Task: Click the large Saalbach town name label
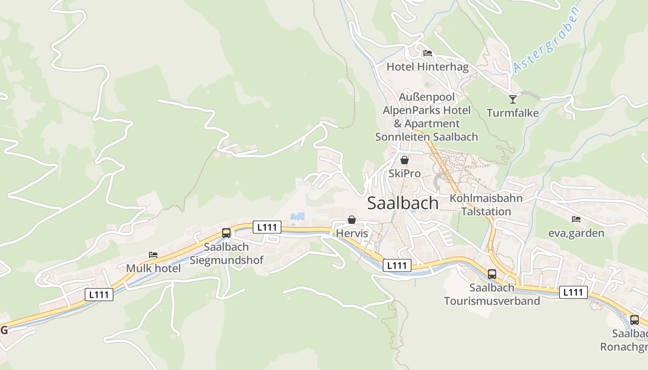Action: (x=403, y=203)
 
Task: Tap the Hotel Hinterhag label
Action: (x=427, y=67)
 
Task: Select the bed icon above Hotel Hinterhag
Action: (x=427, y=53)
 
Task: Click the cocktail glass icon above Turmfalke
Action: (x=512, y=99)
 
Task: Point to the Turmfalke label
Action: (x=512, y=113)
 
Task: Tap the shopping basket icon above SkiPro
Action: (x=405, y=160)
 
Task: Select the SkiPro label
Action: (x=405, y=173)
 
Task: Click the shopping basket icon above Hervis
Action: (x=352, y=220)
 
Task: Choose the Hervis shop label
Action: (x=352, y=233)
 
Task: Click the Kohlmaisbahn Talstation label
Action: (x=486, y=205)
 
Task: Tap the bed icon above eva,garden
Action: (x=576, y=219)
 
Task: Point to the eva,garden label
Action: (x=576, y=233)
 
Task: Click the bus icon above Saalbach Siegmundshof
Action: (x=226, y=233)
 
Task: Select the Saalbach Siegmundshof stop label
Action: (x=226, y=253)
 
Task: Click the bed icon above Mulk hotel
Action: (x=153, y=255)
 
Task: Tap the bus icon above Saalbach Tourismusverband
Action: (x=492, y=274)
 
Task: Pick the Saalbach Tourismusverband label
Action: (x=492, y=294)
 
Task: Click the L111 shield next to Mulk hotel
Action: (x=99, y=294)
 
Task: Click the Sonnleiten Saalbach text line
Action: (x=426, y=137)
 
